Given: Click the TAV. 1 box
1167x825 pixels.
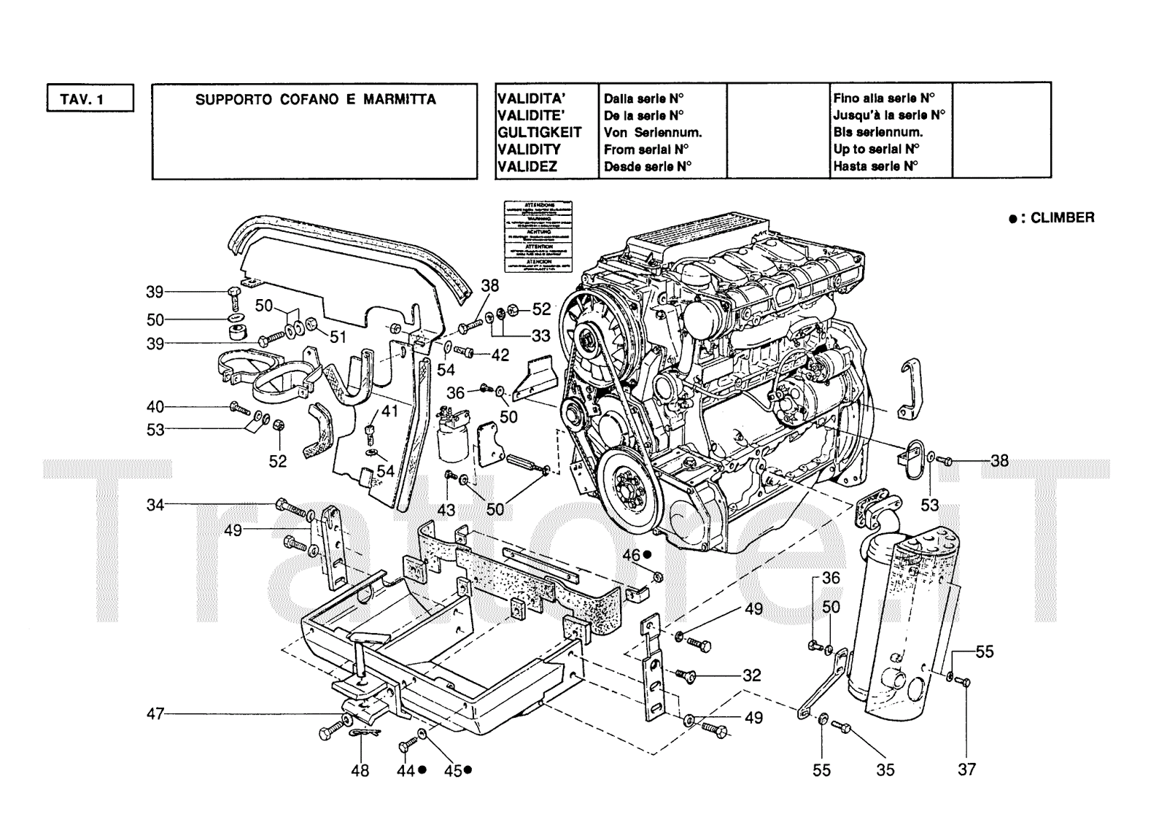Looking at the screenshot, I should tap(90, 98).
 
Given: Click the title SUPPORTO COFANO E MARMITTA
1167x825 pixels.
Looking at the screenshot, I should tap(315, 99).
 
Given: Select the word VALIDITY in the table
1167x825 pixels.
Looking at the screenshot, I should tap(529, 149).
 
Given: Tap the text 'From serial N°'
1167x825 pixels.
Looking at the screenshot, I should tap(646, 149).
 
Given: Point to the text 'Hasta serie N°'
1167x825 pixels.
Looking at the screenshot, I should tap(875, 166).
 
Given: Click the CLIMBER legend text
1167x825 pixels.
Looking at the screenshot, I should tap(1061, 217).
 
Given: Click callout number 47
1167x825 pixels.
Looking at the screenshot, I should tap(155, 713).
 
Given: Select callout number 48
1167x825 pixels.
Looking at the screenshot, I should tap(360, 770).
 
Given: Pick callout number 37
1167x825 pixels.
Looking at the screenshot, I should tap(966, 769).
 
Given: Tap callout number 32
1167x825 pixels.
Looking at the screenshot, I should tap(752, 675).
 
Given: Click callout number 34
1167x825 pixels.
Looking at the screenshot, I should tap(155, 504).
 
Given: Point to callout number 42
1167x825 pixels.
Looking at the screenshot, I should tap(500, 355).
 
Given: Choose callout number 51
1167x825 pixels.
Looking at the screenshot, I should tap(338, 336).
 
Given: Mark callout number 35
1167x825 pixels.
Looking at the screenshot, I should tap(885, 770).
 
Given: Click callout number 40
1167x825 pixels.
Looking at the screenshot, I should tap(155, 407).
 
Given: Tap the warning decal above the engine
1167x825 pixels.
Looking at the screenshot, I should tap(538, 238).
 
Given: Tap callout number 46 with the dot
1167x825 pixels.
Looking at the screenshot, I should tap(631, 556).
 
